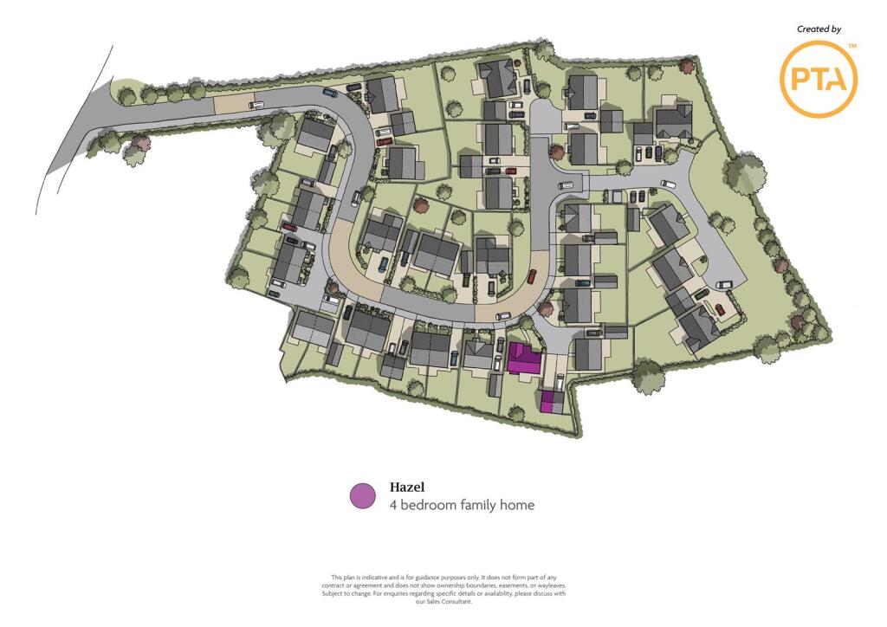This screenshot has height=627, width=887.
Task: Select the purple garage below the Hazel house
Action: (x=547, y=401)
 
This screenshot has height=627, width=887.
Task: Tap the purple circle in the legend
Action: (x=362, y=496)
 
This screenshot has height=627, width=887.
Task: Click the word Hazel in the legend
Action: (x=407, y=488)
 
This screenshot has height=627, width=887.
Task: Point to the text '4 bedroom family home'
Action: (x=462, y=505)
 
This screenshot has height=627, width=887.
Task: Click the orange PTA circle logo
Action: (x=819, y=80)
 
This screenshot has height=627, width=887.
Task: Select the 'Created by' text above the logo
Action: (x=819, y=29)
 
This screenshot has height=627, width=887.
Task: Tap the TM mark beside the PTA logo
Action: (x=851, y=45)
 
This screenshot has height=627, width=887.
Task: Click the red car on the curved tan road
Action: (x=532, y=276)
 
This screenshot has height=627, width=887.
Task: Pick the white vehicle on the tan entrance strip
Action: (x=256, y=104)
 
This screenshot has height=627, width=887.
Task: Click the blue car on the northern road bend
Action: (x=329, y=93)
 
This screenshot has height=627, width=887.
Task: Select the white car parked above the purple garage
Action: (x=560, y=380)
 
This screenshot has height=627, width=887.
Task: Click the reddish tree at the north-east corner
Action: (x=687, y=66)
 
